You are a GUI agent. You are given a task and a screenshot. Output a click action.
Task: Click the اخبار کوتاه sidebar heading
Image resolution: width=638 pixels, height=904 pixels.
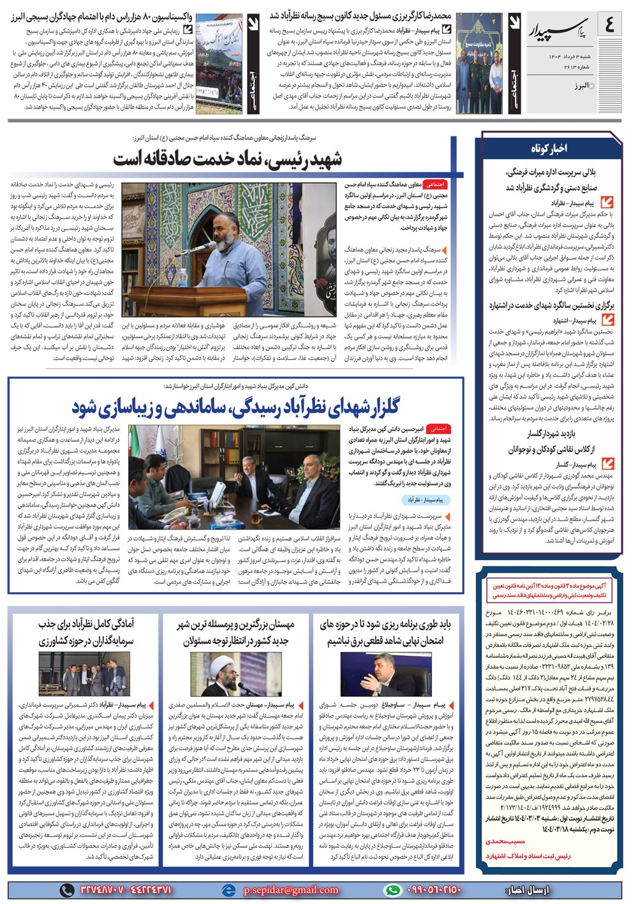tap(549, 148)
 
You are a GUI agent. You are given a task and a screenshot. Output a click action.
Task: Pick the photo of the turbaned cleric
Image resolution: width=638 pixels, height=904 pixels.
tap(233, 674)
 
